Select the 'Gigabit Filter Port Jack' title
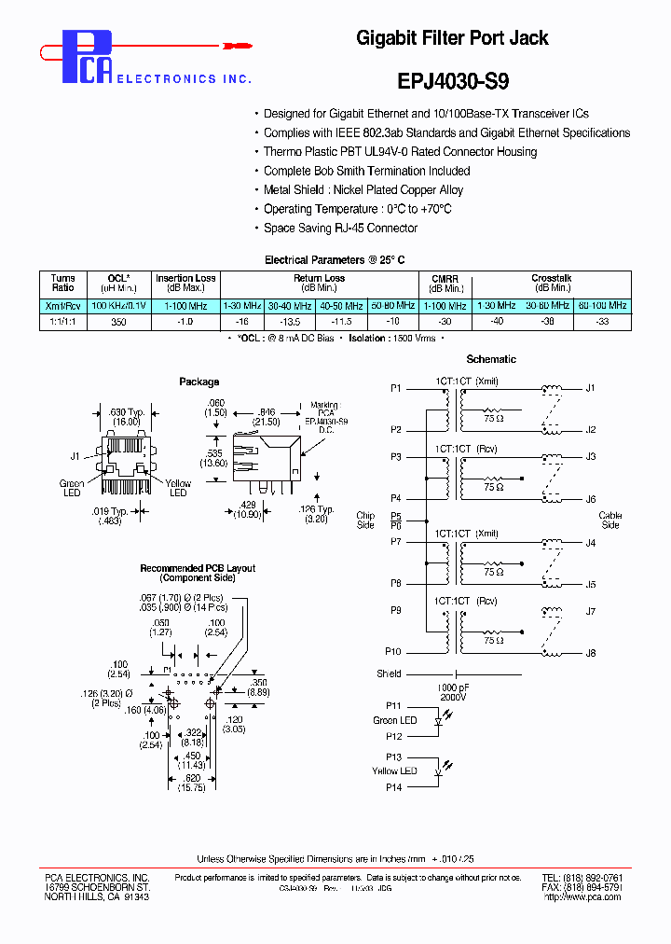[452, 38]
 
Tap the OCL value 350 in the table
[118, 321]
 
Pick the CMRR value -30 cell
[445, 321]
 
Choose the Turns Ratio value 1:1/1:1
[62, 321]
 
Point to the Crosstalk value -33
[602, 321]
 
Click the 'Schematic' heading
[491, 359]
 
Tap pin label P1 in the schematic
[396, 387]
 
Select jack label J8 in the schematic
[590, 653]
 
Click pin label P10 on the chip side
[393, 653]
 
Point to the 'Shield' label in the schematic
[389, 673]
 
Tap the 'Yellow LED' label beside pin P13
[394, 770]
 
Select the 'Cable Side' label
[609, 520]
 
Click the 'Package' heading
[199, 382]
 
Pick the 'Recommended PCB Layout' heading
[198, 568]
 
